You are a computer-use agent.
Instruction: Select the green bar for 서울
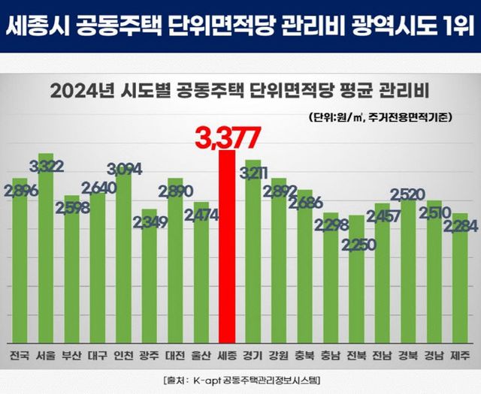click(46, 248)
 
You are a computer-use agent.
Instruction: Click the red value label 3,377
click(228, 137)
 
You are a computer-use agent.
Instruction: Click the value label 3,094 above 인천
click(123, 168)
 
